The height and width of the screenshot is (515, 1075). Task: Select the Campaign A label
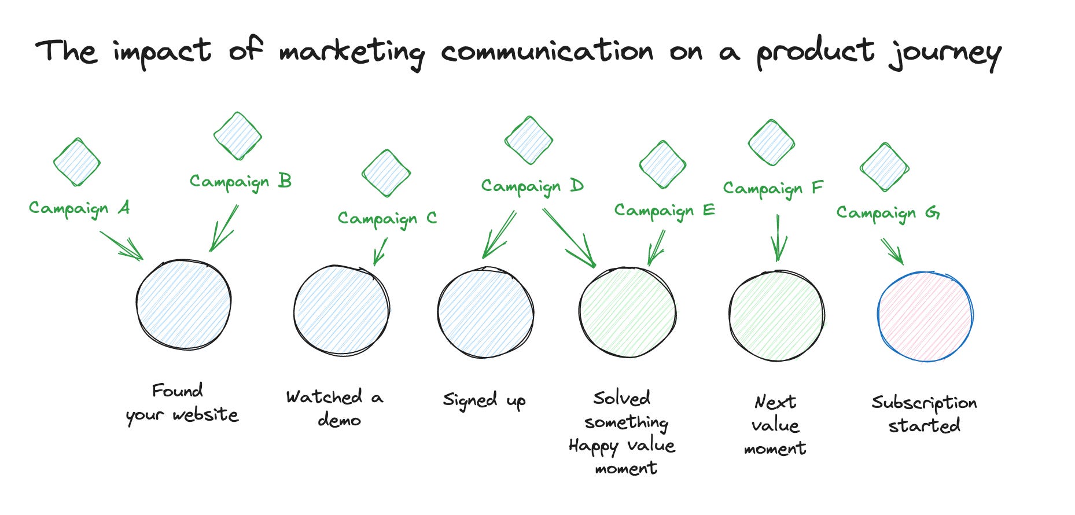(79, 208)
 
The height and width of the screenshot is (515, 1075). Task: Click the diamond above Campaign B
(238, 136)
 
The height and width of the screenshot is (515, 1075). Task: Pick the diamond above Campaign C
(386, 173)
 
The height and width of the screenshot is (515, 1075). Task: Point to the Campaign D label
(532, 186)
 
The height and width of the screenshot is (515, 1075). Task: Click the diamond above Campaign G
(884, 167)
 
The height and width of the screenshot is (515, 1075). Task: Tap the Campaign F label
(772, 189)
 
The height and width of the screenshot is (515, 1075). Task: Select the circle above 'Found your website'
(184, 304)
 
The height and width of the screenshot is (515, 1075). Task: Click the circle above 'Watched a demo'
(341, 311)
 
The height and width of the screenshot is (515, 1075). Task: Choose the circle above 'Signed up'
(485, 313)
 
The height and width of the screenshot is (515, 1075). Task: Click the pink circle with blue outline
(925, 317)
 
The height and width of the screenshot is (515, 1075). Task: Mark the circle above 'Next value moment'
(776, 315)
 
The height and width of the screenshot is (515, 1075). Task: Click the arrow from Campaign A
(122, 245)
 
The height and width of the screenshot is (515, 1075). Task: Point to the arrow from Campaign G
(892, 251)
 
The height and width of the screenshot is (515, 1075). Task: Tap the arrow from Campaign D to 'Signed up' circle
(499, 234)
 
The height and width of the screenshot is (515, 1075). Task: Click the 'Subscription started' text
(924, 414)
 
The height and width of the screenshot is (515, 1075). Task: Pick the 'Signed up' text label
(484, 400)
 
